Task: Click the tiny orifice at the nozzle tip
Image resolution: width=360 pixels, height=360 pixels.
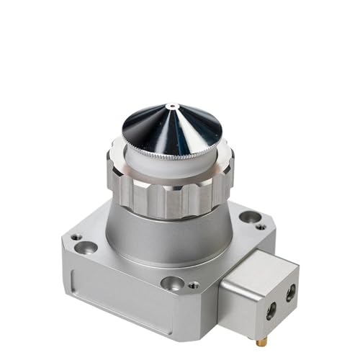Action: pos(171,107)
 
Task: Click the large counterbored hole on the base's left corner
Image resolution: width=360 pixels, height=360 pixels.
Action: pos(86,248)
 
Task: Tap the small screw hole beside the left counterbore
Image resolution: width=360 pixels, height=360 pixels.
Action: pos(75,237)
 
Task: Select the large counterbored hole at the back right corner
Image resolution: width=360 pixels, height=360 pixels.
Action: pos(249,216)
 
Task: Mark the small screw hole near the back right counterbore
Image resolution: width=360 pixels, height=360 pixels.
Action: pos(261,227)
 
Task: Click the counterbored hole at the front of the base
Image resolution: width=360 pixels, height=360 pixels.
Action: pos(171,283)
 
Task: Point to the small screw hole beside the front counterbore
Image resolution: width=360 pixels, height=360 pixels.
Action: pos(193,285)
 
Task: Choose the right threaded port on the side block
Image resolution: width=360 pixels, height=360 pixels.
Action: pos(291,292)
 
